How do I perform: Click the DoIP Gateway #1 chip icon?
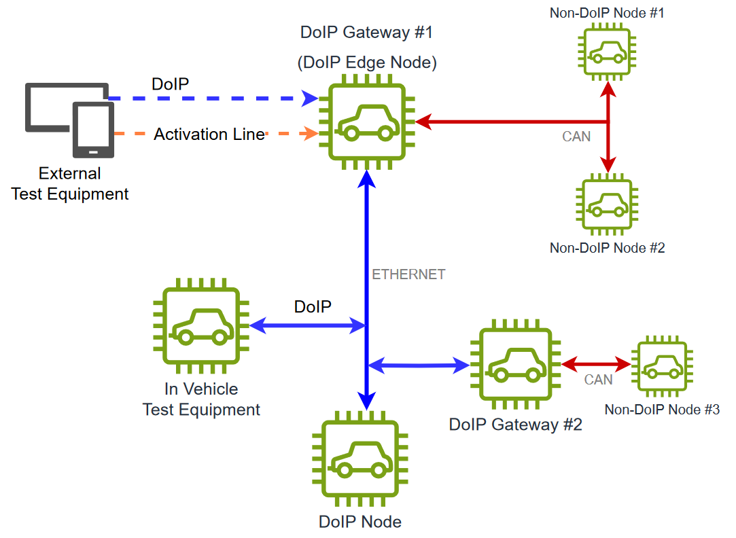367,123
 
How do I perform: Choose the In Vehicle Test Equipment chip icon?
201,327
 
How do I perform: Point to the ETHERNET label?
408,274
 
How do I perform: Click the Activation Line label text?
209,134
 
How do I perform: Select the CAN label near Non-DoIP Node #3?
598,380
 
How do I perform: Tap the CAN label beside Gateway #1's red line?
576,137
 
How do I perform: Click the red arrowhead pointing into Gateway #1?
423,122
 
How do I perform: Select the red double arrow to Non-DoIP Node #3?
597,364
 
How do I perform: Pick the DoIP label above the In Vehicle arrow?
313,306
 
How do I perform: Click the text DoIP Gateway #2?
515,425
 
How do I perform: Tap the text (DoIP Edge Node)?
367,62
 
